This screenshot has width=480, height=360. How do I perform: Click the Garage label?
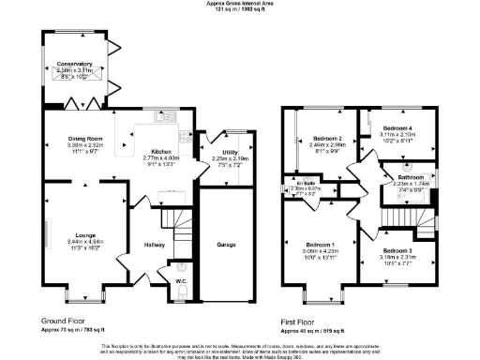[225, 245]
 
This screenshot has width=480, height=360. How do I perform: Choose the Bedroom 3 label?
[397, 250]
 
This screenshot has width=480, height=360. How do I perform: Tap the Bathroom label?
[410, 176]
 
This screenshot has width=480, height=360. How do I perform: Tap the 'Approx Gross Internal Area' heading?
[239, 4]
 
